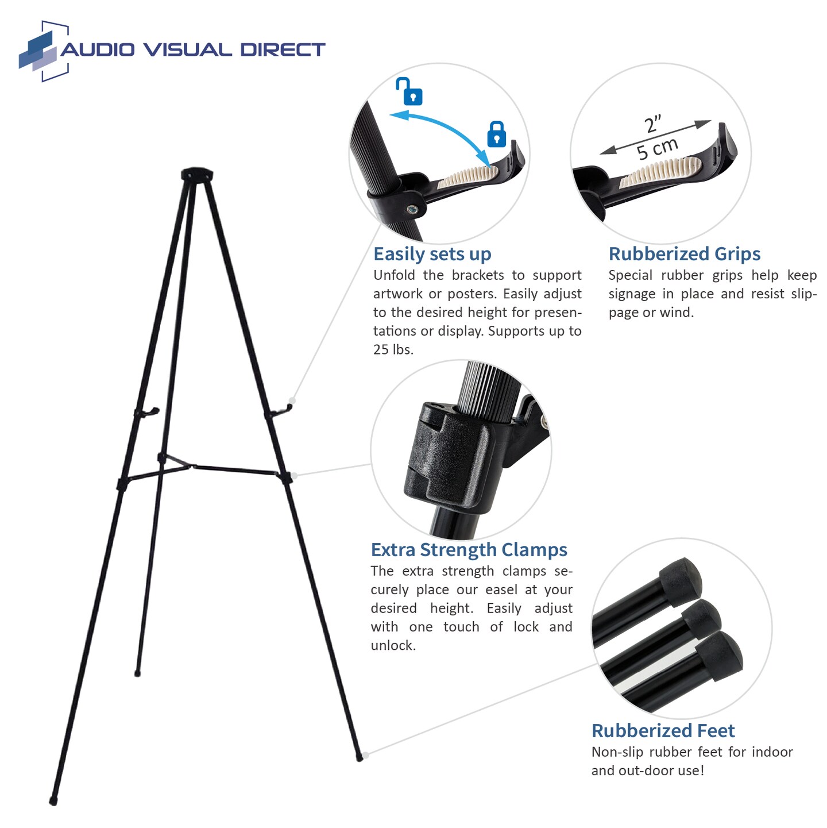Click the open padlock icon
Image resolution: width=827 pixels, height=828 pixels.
409,92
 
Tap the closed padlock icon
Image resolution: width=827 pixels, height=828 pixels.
496,134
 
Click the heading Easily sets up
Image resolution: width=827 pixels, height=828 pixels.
432,254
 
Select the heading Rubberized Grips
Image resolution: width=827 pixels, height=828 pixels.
684,254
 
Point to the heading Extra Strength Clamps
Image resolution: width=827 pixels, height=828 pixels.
469,550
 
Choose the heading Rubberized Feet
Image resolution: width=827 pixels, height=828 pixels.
663,731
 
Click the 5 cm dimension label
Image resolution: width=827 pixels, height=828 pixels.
658,149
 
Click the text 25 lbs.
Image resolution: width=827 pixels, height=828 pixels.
393,349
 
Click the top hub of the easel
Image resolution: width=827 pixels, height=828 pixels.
197,174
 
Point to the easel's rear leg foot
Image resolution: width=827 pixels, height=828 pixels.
137,672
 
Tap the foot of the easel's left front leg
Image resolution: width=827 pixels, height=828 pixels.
53,800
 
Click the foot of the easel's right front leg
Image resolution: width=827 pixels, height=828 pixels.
360,758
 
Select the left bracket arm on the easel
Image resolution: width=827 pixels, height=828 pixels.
147,412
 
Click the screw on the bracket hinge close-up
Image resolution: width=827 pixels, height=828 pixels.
412,210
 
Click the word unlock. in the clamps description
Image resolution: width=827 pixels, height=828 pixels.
393,645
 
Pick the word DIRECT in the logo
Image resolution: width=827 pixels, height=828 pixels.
282,50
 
